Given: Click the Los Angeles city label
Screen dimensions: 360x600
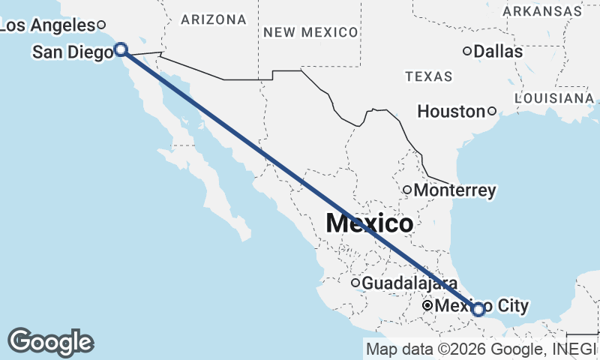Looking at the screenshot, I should click(46, 25).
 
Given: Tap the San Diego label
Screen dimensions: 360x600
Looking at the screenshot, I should click(72, 52).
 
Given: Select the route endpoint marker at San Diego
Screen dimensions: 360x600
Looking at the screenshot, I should click(121, 49).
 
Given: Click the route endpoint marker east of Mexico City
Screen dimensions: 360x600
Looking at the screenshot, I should click(478, 309).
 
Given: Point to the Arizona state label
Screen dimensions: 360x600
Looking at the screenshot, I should click(213, 19).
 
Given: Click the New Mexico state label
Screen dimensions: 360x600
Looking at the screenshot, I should click(310, 31).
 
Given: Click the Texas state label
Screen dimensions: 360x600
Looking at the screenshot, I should click(428, 76).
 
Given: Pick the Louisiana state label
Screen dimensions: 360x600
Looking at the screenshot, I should click(555, 98).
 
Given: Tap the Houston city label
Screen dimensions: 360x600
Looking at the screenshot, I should click(451, 112).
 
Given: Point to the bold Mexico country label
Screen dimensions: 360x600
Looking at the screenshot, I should click(369, 223).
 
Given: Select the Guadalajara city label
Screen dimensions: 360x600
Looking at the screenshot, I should click(409, 284).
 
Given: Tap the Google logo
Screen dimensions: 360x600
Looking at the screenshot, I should click(50, 342).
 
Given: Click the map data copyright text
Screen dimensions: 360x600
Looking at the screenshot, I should click(480, 349).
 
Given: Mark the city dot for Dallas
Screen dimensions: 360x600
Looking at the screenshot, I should click(466, 52).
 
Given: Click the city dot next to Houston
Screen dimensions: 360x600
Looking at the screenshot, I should click(492, 112).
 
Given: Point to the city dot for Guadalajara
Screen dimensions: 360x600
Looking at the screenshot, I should click(355, 283).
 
